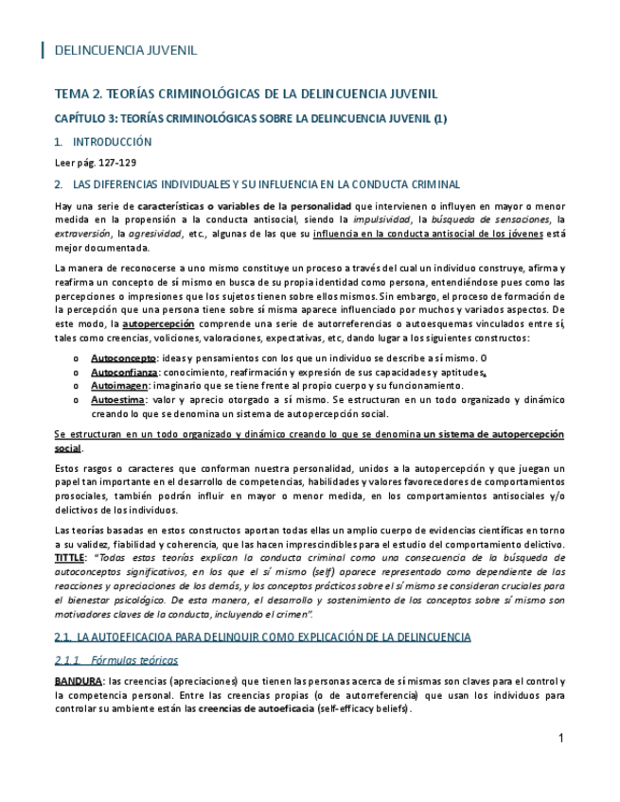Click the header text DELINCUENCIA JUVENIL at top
tap(125, 50)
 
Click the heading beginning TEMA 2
tap(246, 96)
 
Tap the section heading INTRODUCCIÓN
tap(112, 142)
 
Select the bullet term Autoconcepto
tap(123, 358)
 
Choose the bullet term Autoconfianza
tap(125, 373)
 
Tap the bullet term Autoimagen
tap(119, 387)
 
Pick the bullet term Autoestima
tap(117, 400)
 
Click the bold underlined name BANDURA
tap(79, 681)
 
